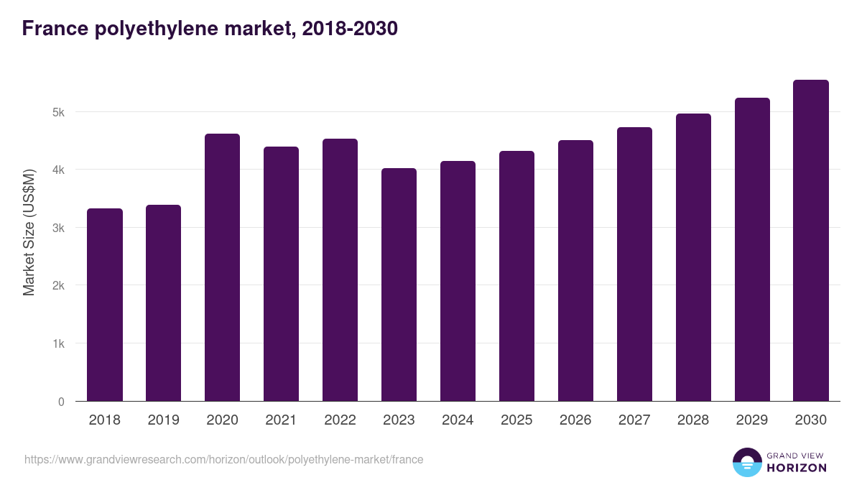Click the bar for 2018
pyautogui.click(x=105, y=305)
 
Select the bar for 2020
pyautogui.click(x=223, y=267)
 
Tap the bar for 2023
pyautogui.click(x=399, y=285)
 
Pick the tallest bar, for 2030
pyautogui.click(x=811, y=241)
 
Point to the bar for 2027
pyautogui.click(x=634, y=264)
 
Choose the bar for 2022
pyautogui.click(x=340, y=270)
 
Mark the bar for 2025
pyautogui.click(x=516, y=276)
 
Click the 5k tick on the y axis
pyautogui.click(x=58, y=112)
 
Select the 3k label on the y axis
pyautogui.click(x=58, y=228)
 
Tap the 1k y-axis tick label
pyautogui.click(x=58, y=343)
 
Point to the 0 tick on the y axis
pyautogui.click(x=61, y=402)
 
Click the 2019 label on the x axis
pyautogui.click(x=164, y=420)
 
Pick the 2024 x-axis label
pyautogui.click(x=458, y=420)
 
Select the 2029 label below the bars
pyautogui.click(x=752, y=420)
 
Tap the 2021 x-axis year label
pyautogui.click(x=281, y=420)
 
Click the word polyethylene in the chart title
pyautogui.click(x=156, y=29)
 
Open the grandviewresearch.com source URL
pyautogui.click(x=223, y=459)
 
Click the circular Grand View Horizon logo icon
pyautogui.click(x=746, y=462)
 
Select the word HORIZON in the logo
pyautogui.click(x=797, y=468)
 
